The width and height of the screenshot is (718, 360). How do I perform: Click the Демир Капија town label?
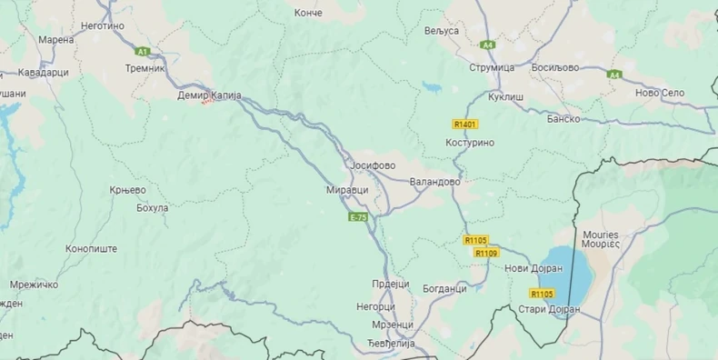coord(207,95)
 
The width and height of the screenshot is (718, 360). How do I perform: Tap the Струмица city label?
coord(492,68)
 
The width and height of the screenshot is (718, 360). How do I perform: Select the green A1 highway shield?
coord(142,52)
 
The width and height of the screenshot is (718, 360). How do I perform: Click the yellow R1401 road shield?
coord(464,124)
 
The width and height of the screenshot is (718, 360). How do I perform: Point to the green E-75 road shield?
coord(358,217)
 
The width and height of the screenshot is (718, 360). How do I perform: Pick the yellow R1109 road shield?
coord(486,253)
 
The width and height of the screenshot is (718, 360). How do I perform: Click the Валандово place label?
coord(434,182)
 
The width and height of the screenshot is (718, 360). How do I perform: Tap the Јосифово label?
coord(373,165)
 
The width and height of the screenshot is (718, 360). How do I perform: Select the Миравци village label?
coord(347,190)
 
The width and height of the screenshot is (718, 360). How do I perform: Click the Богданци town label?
coord(444,288)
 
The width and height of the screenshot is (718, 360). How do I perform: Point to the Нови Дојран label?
coord(527,268)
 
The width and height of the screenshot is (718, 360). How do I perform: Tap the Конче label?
coord(309,13)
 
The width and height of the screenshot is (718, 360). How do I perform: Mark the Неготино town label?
coord(102,25)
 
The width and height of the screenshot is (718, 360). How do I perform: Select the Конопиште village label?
coord(92,248)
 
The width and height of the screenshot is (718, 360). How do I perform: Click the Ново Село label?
coord(659,92)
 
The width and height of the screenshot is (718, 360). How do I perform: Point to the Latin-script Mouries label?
coord(600,234)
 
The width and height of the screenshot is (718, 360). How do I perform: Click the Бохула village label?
coord(152,208)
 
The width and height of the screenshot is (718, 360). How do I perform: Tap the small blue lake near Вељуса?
coord(432,88)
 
